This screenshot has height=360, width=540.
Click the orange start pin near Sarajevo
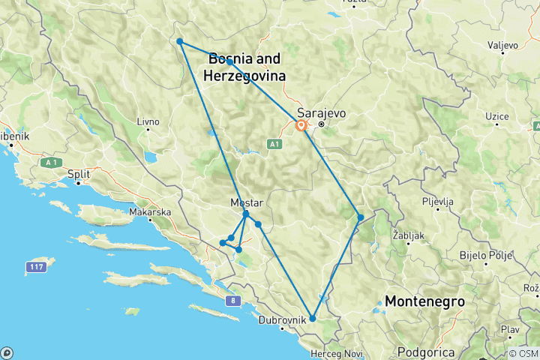(x=301, y=126)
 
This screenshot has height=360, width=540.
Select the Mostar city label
(x=246, y=202)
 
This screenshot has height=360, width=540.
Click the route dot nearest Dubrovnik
(x=313, y=319)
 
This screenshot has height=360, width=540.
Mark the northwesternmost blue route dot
(x=180, y=41)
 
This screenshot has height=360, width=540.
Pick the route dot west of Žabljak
(x=361, y=217)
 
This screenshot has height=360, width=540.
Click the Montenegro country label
(x=424, y=301)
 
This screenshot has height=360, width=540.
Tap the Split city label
(x=79, y=173)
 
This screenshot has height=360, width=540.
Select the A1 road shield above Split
(x=51, y=162)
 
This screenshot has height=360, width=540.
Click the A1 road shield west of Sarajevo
(x=275, y=142)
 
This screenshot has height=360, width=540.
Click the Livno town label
(x=148, y=121)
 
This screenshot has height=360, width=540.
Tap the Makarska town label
(x=150, y=212)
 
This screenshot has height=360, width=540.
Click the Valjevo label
(x=503, y=46)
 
